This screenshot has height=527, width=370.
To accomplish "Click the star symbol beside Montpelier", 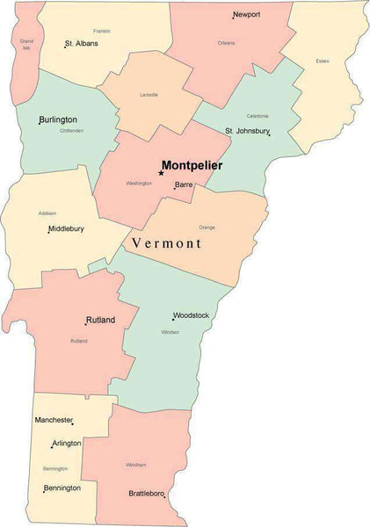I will (x=161, y=173).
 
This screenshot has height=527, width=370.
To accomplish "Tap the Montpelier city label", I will (x=192, y=165).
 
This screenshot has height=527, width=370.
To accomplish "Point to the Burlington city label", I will (x=58, y=119).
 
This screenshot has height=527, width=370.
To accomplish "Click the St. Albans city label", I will (x=82, y=43).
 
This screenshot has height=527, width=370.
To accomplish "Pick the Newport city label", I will (x=247, y=15).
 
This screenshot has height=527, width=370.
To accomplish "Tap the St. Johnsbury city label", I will (x=247, y=131).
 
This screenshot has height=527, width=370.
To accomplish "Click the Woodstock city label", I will (x=191, y=314).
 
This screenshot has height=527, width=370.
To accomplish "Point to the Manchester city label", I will (x=54, y=420).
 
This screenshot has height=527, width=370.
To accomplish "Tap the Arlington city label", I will (x=67, y=444).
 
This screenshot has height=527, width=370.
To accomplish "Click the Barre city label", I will (x=184, y=184).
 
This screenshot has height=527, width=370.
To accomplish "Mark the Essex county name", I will (x=322, y=61).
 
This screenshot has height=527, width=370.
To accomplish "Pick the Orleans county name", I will (x=226, y=42).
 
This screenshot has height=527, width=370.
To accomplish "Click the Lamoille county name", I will (x=149, y=95).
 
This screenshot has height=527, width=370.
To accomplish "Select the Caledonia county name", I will (x=258, y=116).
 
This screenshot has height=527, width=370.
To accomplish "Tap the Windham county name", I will (x=136, y=465).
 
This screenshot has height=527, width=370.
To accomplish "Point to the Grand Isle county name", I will (x=26, y=44).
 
